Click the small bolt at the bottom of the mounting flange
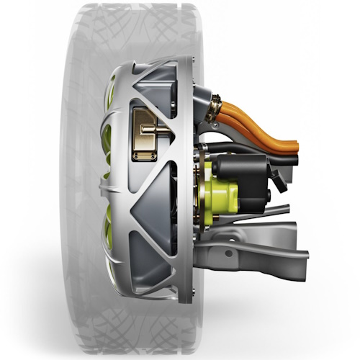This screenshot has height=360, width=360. point(189,296)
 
